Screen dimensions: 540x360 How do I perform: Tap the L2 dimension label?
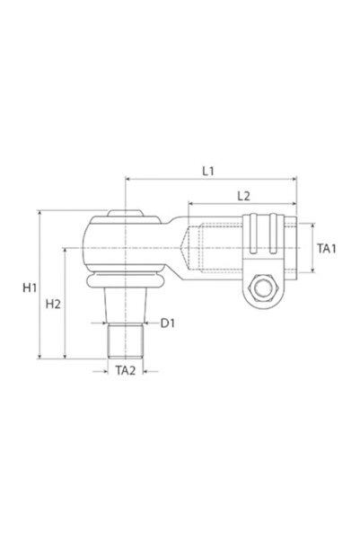click(240, 195)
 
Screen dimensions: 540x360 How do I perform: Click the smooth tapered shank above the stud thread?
click(125, 306)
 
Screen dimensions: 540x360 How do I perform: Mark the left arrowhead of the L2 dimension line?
click(189, 204)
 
